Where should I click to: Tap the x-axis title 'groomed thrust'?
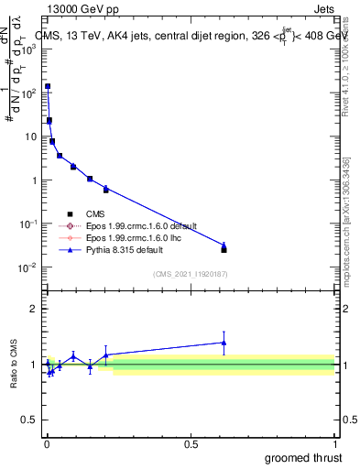304,455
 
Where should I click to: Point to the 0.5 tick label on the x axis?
191,443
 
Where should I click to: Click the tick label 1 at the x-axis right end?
335,443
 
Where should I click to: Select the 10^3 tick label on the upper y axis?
29,49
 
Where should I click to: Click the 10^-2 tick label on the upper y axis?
29,267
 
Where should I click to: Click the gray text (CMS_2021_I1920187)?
190,274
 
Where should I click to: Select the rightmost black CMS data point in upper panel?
224,249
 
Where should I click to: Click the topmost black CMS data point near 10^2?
48,86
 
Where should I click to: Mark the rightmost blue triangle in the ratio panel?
224,343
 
